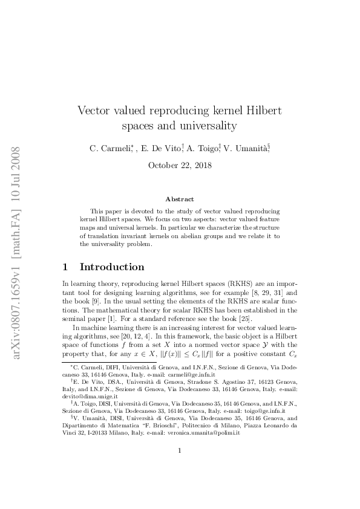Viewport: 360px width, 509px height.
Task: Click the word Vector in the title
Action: tap(95, 112)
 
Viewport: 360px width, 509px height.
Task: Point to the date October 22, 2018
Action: tap(180, 165)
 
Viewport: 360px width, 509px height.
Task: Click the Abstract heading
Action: tap(180, 199)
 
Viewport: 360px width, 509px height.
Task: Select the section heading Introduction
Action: tap(112, 267)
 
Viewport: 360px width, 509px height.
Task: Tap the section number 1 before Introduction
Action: tap(65, 267)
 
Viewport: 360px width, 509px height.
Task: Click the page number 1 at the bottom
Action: tap(180, 467)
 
